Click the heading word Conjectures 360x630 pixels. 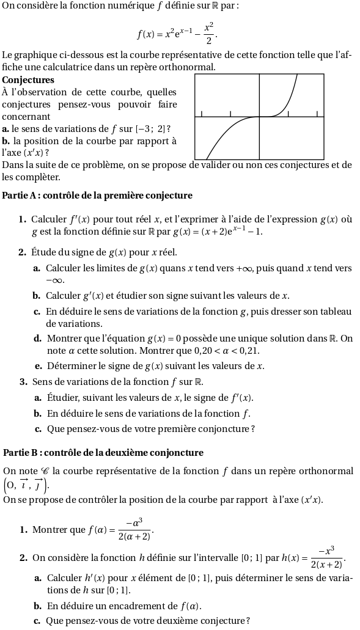tap(28, 79)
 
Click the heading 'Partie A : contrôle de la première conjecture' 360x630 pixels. tap(98, 196)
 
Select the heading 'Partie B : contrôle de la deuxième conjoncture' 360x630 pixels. tap(103, 453)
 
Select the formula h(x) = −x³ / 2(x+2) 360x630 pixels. tap(314, 557)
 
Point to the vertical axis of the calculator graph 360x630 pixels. tap(260, 116)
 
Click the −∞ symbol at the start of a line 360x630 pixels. tap(54, 280)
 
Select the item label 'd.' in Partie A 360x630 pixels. tap(38, 338)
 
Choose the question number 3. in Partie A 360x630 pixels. tap(23, 382)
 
